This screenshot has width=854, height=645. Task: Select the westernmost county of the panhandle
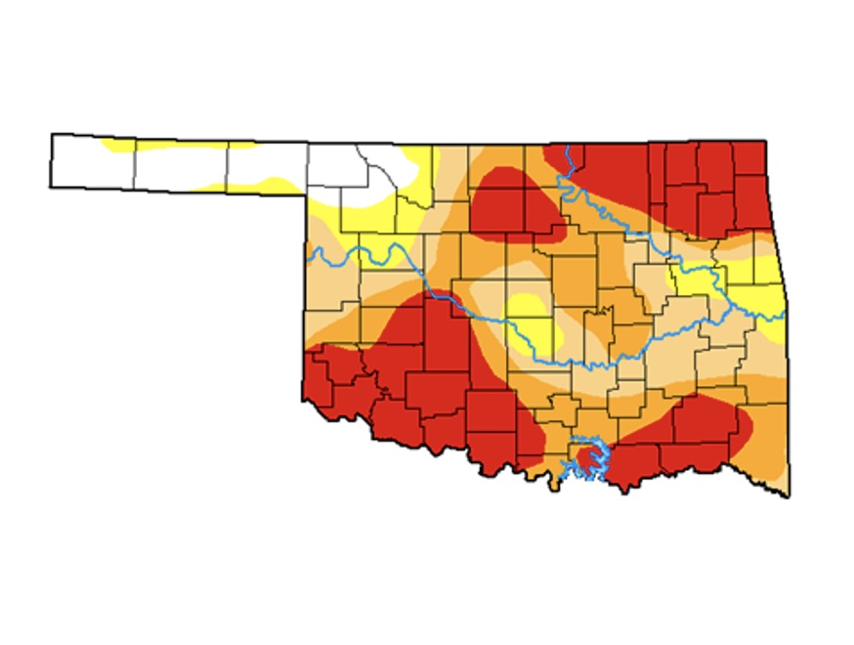pos(92,161)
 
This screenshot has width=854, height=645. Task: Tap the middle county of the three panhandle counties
pos(181,166)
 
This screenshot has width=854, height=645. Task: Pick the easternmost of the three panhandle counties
pos(267,168)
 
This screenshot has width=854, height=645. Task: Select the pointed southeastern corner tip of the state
pos(788,494)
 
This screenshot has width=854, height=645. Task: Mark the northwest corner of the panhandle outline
pos(53,135)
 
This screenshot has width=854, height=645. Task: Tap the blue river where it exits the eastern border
pos(782,315)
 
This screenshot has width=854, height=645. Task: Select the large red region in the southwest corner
pos(391,381)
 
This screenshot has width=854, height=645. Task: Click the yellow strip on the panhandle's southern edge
pos(244,183)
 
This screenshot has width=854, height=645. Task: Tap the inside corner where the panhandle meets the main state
pos(308,194)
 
